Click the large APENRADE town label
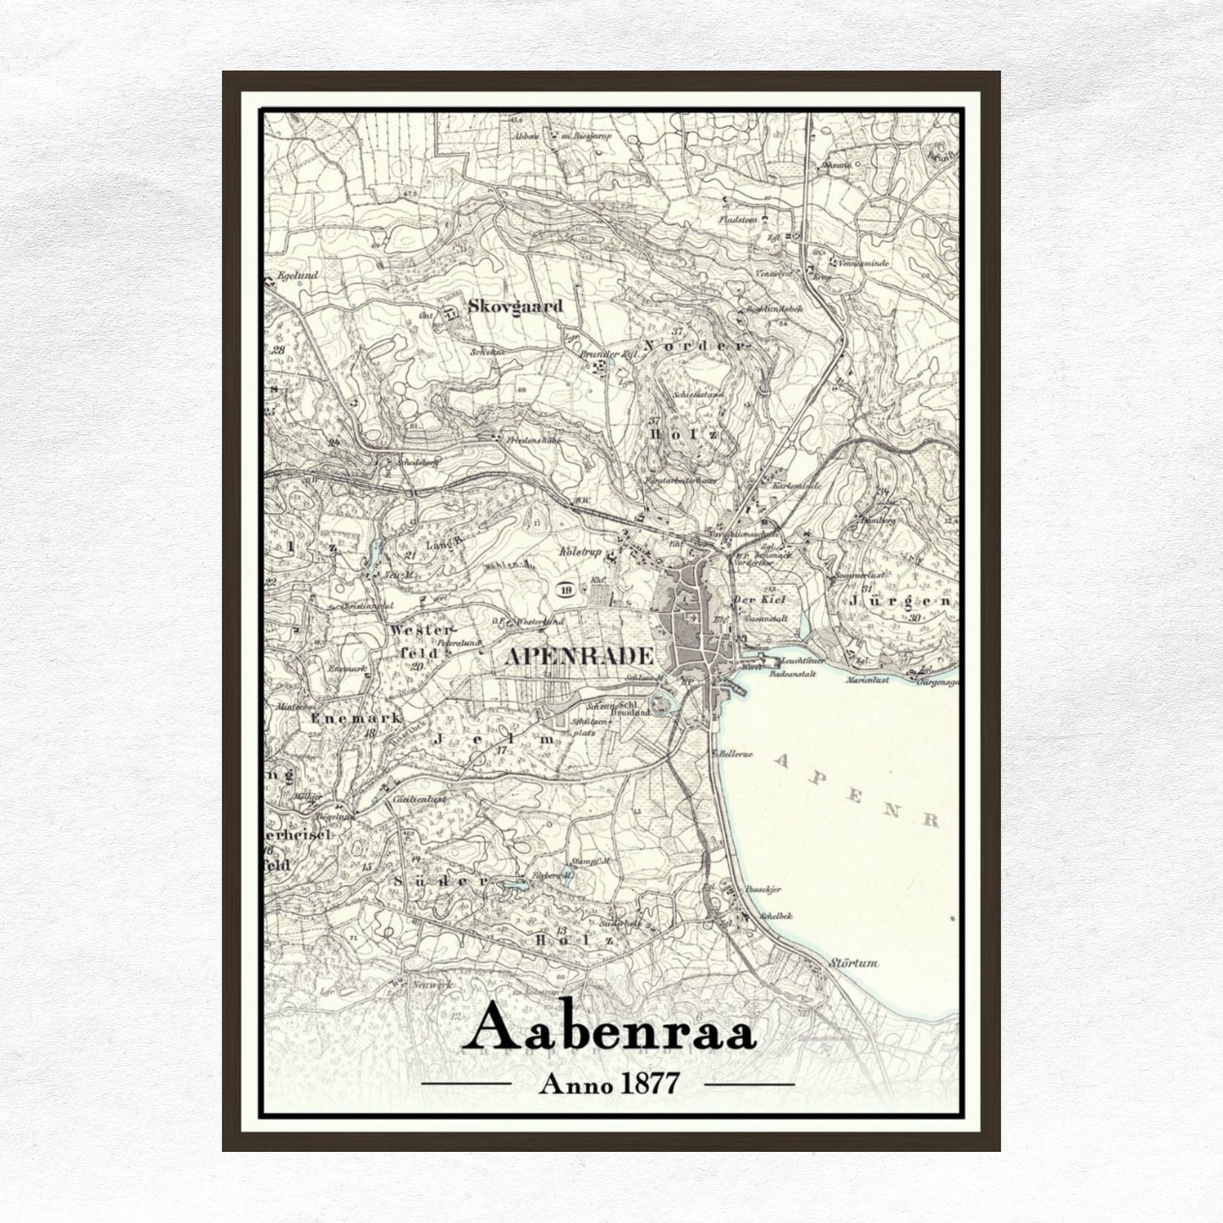click(x=579, y=656)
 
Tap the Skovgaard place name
click(x=515, y=306)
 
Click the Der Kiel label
click(x=753, y=600)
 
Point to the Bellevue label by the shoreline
click(x=736, y=752)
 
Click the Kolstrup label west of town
click(x=581, y=553)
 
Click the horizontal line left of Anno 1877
click(x=466, y=1083)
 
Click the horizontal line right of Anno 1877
click(x=749, y=1083)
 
